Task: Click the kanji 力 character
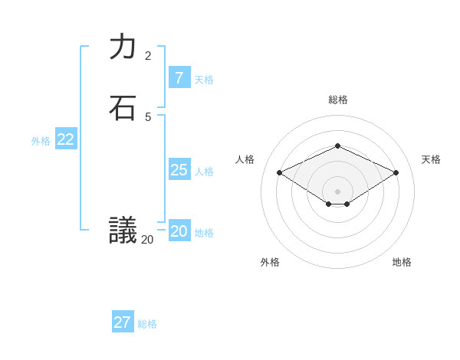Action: (123, 47)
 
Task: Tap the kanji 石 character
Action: (123, 108)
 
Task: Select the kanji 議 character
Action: (123, 229)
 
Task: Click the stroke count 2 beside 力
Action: (148, 56)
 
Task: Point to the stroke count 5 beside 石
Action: (148, 116)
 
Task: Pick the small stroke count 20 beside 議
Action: (147, 239)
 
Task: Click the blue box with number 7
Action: (179, 78)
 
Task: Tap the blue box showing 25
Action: (179, 170)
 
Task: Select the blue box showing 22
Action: (65, 139)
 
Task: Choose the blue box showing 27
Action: (123, 322)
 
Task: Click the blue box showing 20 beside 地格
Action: (179, 231)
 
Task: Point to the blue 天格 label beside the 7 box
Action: (204, 80)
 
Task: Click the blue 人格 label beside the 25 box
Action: (204, 172)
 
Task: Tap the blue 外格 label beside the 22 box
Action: (41, 141)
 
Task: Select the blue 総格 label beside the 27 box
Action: (147, 324)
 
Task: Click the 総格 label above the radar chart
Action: (337, 100)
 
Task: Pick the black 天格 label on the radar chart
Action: (431, 159)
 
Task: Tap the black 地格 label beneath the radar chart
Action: (402, 262)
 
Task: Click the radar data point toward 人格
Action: (280, 173)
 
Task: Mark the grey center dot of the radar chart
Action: (337, 191)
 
